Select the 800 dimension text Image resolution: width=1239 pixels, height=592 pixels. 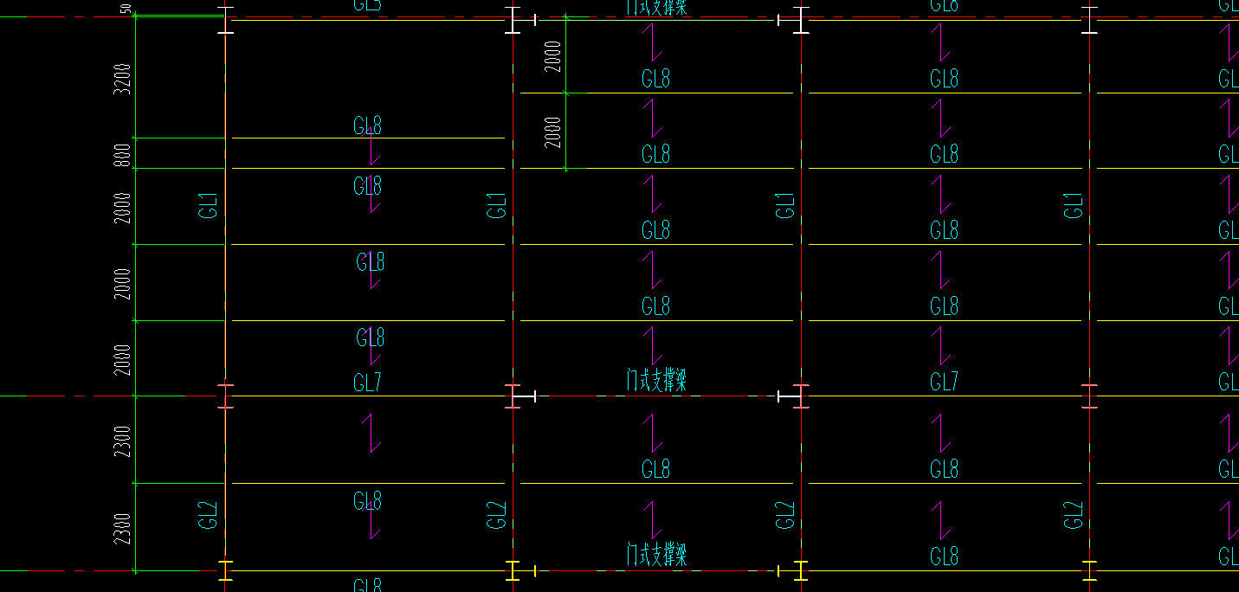click(123, 154)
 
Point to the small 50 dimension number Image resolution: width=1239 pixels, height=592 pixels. click(126, 9)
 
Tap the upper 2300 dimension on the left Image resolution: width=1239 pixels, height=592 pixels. click(123, 441)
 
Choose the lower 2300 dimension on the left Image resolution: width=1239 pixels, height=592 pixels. click(123, 529)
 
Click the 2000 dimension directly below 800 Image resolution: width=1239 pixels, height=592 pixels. click(123, 208)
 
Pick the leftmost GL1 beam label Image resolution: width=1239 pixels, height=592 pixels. click(208, 206)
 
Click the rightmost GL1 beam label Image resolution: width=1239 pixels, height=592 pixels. click(1074, 206)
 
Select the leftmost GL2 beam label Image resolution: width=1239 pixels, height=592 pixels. click(208, 515)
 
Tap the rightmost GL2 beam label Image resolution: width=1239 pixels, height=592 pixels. click(1074, 515)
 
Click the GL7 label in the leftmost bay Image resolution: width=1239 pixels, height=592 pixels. click(367, 382)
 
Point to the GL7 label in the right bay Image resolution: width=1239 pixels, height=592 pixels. click(944, 382)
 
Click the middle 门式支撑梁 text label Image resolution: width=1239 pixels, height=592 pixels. click(656, 380)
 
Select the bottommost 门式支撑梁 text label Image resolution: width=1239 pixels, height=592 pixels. click(656, 554)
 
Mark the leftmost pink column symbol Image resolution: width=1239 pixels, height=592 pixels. click(225, 396)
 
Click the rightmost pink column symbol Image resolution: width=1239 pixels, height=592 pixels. click(1089, 396)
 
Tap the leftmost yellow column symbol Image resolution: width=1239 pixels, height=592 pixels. click(225, 570)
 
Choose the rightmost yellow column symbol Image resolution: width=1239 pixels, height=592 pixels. click(1089, 570)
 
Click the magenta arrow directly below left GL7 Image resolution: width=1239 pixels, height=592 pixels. click(372, 433)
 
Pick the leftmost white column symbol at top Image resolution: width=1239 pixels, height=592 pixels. click(225, 20)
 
